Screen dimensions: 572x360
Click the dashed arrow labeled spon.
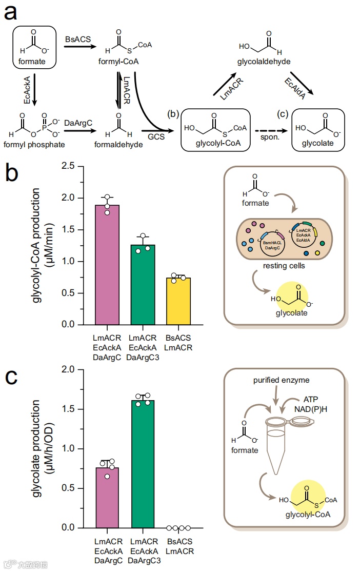[x=270, y=130]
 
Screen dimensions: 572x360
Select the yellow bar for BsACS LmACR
[x=178, y=301]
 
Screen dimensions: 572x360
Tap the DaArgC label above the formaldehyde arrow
[x=78, y=123]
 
